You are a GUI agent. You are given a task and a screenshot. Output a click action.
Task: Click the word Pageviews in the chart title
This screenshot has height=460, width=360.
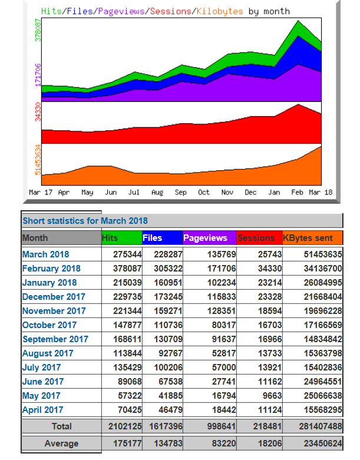tap(121, 11)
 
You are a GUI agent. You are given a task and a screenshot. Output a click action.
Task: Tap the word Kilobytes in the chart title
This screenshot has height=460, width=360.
tap(220, 11)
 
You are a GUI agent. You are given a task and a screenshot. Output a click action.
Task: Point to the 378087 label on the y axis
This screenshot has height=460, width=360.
tap(38, 30)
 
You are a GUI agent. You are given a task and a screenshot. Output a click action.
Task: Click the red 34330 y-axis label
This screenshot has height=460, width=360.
tap(38, 111)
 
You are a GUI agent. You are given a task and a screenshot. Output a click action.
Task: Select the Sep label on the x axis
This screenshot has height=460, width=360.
tap(180, 193)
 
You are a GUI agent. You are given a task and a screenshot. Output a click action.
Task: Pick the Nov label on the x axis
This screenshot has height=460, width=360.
tap(227, 193)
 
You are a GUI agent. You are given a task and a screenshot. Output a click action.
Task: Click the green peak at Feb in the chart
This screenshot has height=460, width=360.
tap(298, 21)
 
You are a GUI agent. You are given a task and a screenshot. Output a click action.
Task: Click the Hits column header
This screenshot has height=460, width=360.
tap(110, 238)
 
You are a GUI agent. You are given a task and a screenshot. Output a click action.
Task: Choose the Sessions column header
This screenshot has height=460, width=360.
tap(256, 238)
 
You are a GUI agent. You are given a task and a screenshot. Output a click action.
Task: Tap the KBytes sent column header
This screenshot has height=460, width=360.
tap(308, 238)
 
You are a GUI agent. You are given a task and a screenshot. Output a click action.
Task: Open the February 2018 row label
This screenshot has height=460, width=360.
tap(51, 269)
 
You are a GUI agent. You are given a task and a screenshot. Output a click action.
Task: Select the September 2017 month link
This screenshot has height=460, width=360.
tap(55, 339)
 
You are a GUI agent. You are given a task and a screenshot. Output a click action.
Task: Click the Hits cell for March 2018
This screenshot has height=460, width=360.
tap(127, 254)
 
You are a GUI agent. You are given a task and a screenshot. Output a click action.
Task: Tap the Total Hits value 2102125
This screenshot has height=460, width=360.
tap(125, 426)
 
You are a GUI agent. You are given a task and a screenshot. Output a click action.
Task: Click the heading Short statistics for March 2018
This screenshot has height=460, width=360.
tap(85, 221)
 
